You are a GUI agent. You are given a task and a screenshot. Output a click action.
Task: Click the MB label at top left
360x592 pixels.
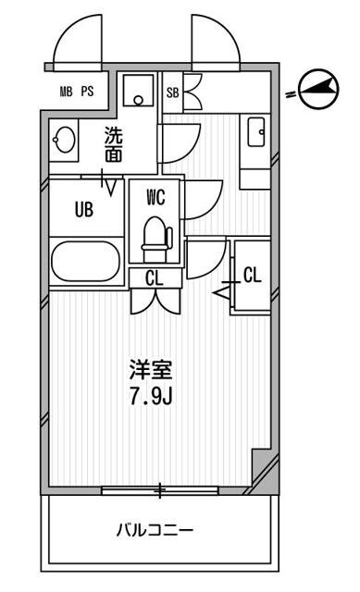coord(67,92)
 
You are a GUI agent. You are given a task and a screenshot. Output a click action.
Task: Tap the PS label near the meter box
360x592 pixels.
coord(87,92)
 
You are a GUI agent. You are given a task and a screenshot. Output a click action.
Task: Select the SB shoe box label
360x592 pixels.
coord(172,92)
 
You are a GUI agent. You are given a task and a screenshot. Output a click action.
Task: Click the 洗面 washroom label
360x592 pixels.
coord(112,143)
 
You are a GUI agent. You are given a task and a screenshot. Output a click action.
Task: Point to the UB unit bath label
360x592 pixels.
coord(84,209)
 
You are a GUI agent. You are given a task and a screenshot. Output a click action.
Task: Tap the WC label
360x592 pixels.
coord(155,196)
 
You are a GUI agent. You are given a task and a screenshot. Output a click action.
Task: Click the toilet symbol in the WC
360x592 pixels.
coord(155,235)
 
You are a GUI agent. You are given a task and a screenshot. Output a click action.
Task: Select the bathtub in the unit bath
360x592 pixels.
coord(85,260)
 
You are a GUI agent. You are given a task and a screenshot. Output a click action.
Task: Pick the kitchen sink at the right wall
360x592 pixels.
coord(256,133)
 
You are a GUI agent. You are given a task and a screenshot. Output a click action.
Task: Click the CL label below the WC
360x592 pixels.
coord(155,277)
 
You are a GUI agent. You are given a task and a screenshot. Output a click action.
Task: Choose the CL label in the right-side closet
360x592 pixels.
coord(253,274)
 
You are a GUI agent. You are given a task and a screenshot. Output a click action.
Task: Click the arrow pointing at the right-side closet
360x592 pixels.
coord(222,292)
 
